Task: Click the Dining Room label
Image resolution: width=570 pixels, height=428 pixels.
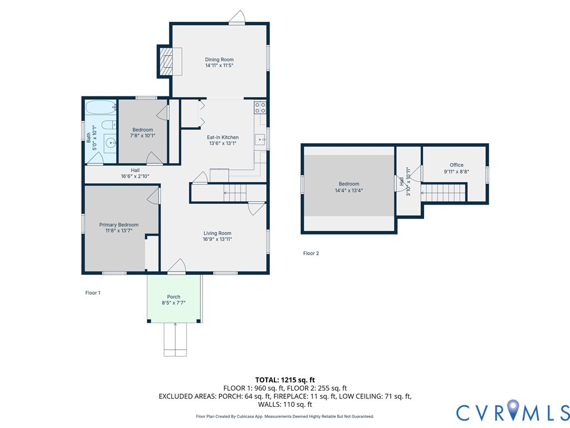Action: (x=219, y=60)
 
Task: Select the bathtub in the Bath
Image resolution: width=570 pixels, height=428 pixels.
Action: (x=101, y=108)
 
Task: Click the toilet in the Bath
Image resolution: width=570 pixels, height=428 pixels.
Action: (x=109, y=125)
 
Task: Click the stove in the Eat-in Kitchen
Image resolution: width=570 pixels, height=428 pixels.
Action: (x=261, y=108)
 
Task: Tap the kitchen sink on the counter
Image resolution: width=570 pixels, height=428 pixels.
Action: (x=261, y=139)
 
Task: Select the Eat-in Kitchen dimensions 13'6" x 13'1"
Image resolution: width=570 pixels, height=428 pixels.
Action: (x=223, y=143)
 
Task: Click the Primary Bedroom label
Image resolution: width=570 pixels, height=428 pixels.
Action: (x=119, y=225)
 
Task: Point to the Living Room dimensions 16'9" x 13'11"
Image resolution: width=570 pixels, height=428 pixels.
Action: (x=218, y=239)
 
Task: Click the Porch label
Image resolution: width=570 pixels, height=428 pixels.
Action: (x=174, y=296)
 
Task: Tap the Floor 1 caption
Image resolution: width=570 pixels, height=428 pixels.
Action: (x=93, y=293)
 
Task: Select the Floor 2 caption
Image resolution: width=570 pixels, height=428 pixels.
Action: (x=311, y=254)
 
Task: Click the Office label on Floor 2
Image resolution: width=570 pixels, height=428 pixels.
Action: (x=456, y=165)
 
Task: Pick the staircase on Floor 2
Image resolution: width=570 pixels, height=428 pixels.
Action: (x=443, y=192)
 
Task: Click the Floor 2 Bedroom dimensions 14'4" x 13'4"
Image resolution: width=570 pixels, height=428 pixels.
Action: (x=349, y=191)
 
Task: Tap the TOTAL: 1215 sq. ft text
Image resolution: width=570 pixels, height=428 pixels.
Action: (x=285, y=380)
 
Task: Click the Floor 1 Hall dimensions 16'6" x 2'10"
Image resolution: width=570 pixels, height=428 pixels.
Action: (x=135, y=176)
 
